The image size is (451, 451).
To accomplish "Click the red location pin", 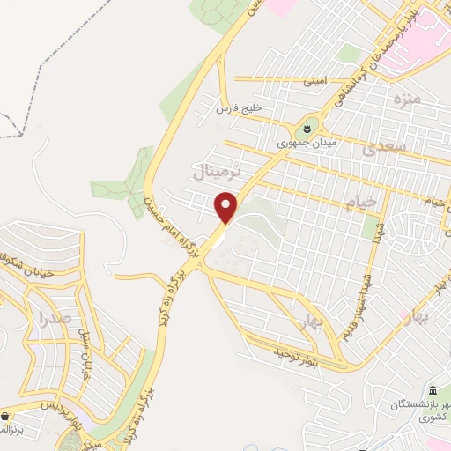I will [226, 207].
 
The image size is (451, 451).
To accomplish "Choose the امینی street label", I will [315, 81].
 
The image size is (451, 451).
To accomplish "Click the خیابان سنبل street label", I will [86, 351].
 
